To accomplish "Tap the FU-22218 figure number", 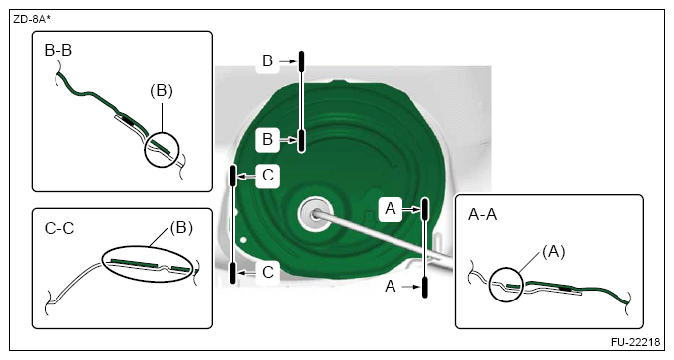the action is coord(635,342).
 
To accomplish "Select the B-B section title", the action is coord(58,50).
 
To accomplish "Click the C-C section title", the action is coord(59,228).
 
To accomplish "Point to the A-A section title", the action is coord(482,214).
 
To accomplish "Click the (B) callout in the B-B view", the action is coord(162,91).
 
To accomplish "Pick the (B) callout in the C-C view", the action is coord(181,227).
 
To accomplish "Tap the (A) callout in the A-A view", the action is coord(554,252).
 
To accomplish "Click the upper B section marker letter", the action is coord(267,61).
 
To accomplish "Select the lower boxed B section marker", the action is coord(267,140).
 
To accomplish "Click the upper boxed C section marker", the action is coord(267,176).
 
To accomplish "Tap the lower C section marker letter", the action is coord(268,273).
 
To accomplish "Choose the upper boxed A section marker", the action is coord(391,209).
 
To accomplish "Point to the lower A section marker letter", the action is coord(391,286).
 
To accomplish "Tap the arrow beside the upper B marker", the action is coord(288,61).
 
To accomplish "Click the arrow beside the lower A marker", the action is coord(410,287).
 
